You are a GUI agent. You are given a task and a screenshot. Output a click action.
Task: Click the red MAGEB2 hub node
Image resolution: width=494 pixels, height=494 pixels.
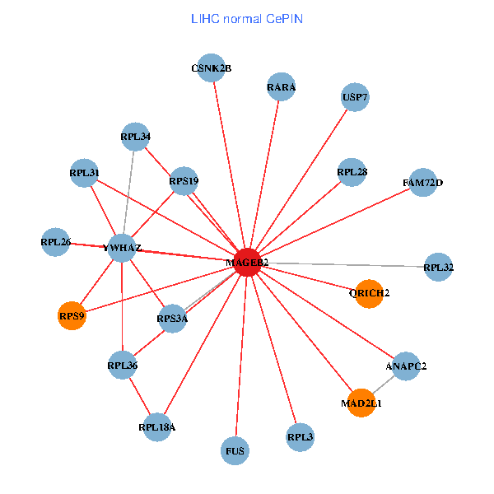pos(248,262)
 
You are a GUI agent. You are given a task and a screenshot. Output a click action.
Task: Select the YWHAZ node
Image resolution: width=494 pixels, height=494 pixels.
pos(122,247)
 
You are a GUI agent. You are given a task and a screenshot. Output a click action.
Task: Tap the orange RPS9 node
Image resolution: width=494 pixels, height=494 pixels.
pos(72,315)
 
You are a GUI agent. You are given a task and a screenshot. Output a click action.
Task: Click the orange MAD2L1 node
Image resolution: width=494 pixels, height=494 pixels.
pos(361,403)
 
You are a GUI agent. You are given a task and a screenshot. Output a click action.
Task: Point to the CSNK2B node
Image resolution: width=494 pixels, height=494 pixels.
pos(212,68)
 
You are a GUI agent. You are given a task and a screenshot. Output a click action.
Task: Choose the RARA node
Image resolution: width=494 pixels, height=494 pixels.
pos(282,86)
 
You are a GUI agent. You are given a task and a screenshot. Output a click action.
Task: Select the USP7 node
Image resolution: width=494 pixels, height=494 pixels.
pos(355,97)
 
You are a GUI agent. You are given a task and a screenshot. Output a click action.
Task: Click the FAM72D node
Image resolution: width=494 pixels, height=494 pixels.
pos(422,182)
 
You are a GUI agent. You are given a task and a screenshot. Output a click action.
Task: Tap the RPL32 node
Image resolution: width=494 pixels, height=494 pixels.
pos(439,267)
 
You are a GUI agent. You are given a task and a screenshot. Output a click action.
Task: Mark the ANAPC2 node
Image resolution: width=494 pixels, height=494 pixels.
pos(406,366)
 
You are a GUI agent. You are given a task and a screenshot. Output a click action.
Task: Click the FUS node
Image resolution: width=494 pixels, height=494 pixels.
pos(235,450)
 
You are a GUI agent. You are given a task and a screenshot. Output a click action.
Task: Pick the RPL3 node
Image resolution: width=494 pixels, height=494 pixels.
pos(301,436)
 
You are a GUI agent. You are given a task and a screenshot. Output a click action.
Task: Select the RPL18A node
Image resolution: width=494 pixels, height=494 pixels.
pos(157,426)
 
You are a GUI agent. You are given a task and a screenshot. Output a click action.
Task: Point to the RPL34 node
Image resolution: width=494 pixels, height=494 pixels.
pos(135,137)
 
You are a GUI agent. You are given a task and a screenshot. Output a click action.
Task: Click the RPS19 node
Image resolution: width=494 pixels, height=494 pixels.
pos(184,180)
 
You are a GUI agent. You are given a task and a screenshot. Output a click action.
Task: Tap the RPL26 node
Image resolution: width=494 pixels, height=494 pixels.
pos(55,242)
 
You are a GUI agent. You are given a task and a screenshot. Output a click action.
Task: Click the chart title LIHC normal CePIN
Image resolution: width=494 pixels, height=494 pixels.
pos(246,17)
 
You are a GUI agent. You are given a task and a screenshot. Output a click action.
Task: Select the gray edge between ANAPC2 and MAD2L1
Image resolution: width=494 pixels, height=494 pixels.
pos(384,384)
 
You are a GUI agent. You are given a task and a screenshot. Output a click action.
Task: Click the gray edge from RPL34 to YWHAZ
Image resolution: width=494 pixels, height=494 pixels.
pos(128,192)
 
